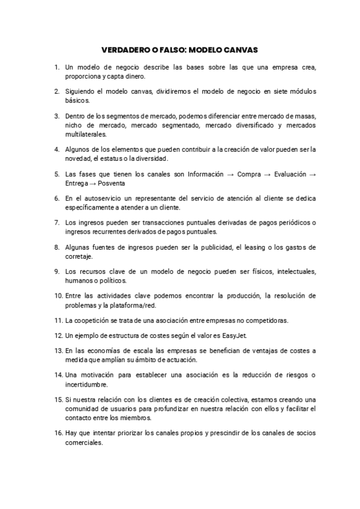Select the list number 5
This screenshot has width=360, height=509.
pyautogui.click(x=57, y=174)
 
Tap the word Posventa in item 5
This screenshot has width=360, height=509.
pyautogui.click(x=95, y=183)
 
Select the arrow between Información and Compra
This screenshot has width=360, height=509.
pyautogui.click(x=230, y=174)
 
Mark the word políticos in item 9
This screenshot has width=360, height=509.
pyautogui.click(x=110, y=280)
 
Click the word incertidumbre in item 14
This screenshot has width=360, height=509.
pyautogui.click(x=86, y=384)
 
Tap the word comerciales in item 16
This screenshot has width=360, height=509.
pyautogui.click(x=85, y=444)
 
